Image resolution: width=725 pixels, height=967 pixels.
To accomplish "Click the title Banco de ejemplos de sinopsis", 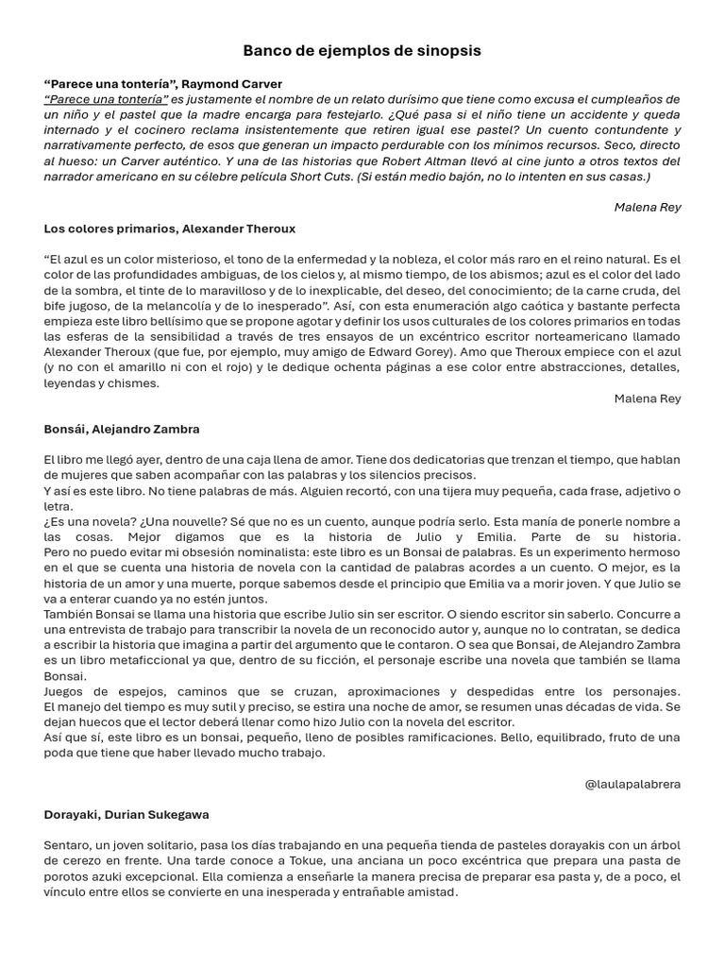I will coord(362,51).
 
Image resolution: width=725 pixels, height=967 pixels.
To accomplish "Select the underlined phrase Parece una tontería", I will coord(106,99).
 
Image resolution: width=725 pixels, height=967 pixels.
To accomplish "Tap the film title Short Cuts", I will coord(323,177).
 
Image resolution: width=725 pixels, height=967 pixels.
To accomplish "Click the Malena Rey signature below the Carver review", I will coord(647,207).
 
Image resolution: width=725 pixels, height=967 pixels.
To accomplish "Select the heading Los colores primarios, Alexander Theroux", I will coord(169,229).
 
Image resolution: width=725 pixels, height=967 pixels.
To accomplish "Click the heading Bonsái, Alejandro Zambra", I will coord(121,429).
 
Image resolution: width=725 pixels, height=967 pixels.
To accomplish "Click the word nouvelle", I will coord(175,522).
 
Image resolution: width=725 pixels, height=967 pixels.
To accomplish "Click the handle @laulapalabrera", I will coord(632,784).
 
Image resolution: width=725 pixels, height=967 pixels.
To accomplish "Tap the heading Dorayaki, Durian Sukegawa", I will coord(126,814).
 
